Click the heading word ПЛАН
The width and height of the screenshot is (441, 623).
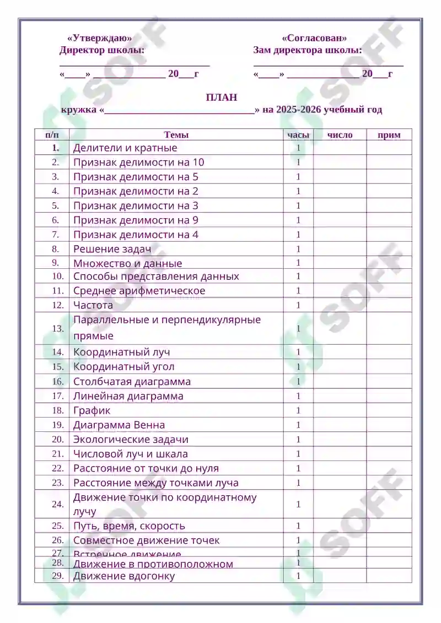222,97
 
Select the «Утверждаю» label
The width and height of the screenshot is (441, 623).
100,39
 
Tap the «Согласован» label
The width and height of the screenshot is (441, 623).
314,39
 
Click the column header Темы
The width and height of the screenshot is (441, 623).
176,135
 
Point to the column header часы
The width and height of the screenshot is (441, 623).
298,135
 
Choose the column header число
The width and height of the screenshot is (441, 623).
340,135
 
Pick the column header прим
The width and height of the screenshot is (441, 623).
389,135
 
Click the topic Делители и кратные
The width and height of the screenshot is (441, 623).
125,148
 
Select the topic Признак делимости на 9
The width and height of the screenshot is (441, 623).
136,220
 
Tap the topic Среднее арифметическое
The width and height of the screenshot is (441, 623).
139,291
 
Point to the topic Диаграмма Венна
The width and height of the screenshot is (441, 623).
119,425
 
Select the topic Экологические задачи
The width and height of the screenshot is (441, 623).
131,440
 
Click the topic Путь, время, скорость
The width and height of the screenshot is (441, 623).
129,526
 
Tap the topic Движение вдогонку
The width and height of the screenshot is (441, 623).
124,576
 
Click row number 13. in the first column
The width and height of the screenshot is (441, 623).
57,328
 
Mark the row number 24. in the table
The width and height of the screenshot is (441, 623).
57,504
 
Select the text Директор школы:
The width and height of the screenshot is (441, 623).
102,51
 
